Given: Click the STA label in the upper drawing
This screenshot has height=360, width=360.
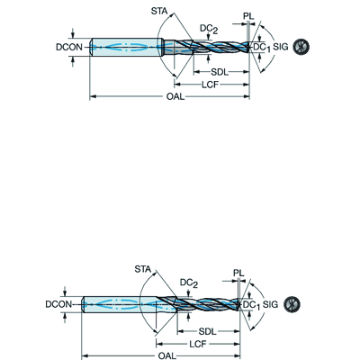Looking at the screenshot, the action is pyautogui.click(x=159, y=12).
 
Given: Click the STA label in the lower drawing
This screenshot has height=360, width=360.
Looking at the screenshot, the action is pyautogui.click(x=143, y=269).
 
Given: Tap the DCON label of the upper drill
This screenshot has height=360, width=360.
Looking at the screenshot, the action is pyautogui.click(x=69, y=47).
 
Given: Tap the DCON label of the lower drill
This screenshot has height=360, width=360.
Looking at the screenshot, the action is pyautogui.click(x=58, y=304).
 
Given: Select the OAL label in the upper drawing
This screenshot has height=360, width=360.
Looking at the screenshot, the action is pyautogui.click(x=175, y=97).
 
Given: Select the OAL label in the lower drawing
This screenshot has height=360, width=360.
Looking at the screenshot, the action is pyautogui.click(x=166, y=355).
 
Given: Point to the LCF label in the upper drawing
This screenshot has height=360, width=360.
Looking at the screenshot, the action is pyautogui.click(x=210, y=85).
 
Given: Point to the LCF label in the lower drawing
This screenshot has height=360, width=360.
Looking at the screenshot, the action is pyautogui.click(x=198, y=344).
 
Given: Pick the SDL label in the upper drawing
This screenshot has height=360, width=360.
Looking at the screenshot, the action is pyautogui.click(x=220, y=72).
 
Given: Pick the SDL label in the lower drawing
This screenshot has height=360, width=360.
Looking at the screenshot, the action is pyautogui.click(x=207, y=331).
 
